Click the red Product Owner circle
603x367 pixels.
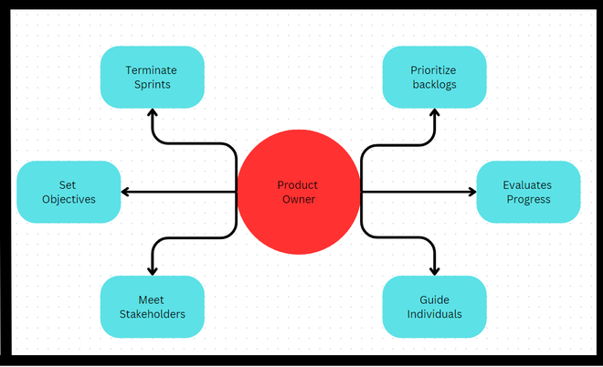pyautogui.click(x=298, y=192)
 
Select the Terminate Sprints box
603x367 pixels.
pyautogui.click(x=152, y=78)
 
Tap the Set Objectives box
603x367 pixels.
pyautogui.click(x=69, y=192)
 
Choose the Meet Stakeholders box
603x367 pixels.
pyautogui.click(x=152, y=307)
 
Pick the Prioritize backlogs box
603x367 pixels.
pyautogui.click(x=434, y=78)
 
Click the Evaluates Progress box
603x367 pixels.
pyautogui.click(x=527, y=192)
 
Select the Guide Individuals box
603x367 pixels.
pyautogui.click(x=434, y=307)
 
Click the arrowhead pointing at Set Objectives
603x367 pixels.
pyautogui.click(x=126, y=192)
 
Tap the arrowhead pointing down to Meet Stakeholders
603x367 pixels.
pyautogui.click(x=152, y=270)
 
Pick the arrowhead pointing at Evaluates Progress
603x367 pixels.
pyautogui.click(x=471, y=192)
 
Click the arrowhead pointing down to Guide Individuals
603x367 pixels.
pyautogui.click(x=434, y=270)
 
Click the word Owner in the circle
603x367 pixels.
pyautogui.click(x=298, y=199)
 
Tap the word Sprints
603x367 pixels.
pyautogui.click(x=152, y=85)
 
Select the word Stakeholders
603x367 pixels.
pyautogui.click(x=152, y=314)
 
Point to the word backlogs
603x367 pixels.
pyautogui.click(x=434, y=85)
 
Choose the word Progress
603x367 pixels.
pyautogui.click(x=527, y=199)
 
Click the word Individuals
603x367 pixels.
pyautogui.click(x=434, y=314)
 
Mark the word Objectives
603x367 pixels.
pyautogui.click(x=69, y=199)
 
